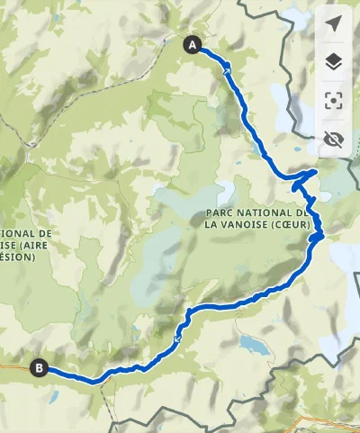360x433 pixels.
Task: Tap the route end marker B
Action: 39,366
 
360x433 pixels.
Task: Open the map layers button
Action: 334,61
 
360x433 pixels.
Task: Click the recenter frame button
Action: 334,100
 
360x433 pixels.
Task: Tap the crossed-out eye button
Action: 334,139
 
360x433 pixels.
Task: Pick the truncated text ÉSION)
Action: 17,257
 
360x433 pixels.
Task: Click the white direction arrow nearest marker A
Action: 228,69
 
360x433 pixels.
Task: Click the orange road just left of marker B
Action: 13,365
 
